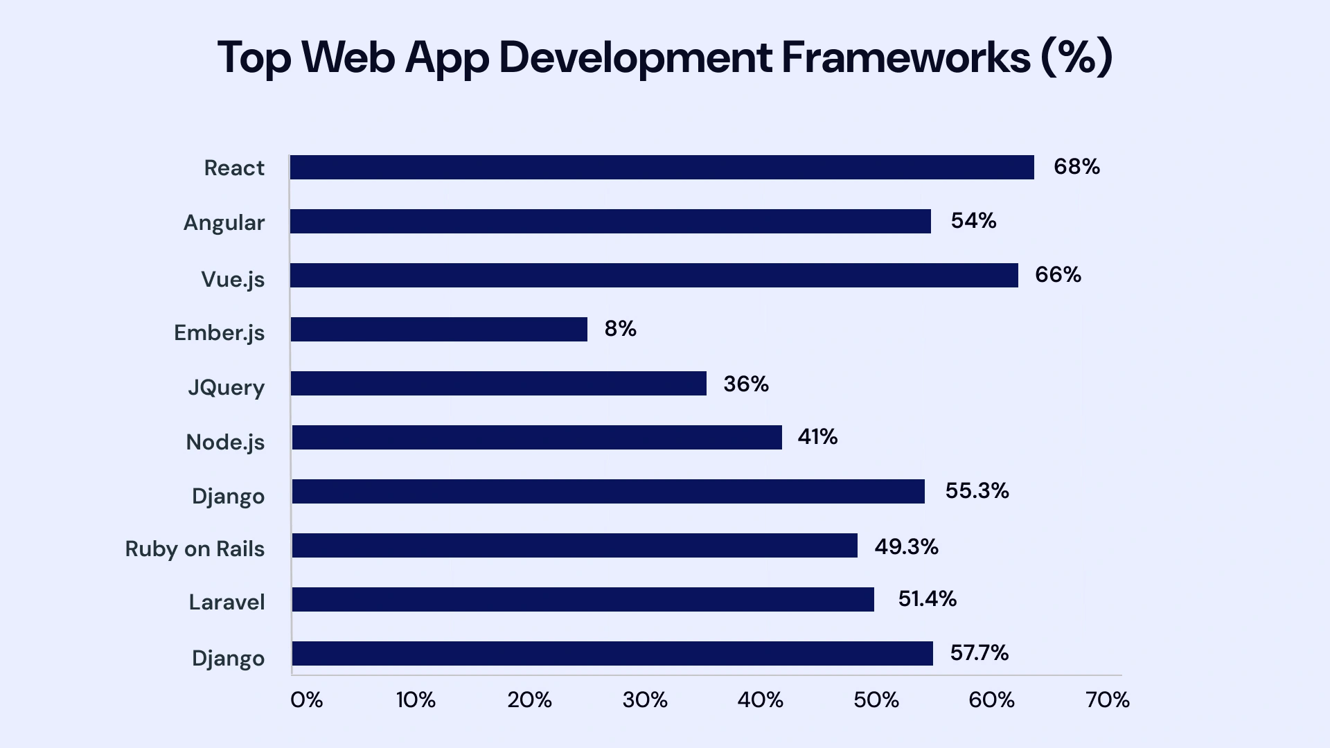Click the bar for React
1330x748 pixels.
point(662,168)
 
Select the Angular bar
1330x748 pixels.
point(610,222)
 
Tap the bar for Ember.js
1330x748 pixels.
point(438,330)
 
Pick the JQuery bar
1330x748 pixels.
point(498,384)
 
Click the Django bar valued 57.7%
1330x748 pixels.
point(612,654)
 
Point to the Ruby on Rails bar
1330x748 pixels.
point(574,546)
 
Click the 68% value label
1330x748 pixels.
point(1076,167)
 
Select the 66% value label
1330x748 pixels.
point(1058,275)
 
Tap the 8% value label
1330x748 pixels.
point(620,328)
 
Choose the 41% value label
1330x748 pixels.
point(817,437)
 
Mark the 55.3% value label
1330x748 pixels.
point(977,491)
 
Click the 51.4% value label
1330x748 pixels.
point(927,599)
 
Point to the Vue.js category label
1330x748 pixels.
point(233,279)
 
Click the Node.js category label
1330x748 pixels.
point(225,442)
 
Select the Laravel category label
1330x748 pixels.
point(227,602)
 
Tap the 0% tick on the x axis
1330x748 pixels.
point(306,700)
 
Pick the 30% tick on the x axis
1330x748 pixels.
point(645,700)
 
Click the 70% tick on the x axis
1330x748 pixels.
point(1108,700)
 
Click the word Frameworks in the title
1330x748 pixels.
point(906,57)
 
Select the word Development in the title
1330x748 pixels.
point(635,58)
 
